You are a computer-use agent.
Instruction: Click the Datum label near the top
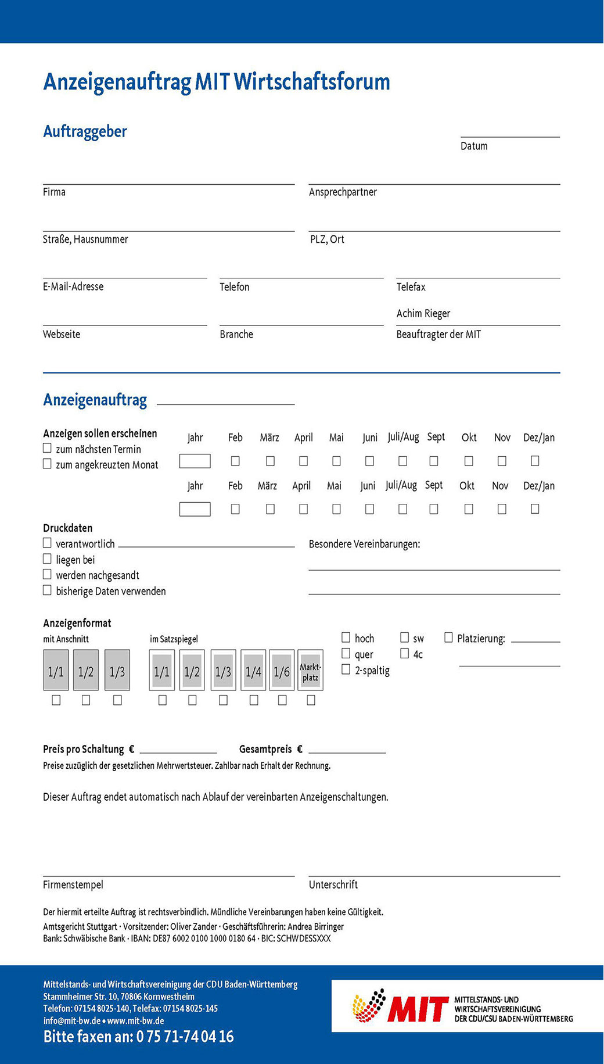point(474,146)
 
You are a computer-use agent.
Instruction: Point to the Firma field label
point(54,192)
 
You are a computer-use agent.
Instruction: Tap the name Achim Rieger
point(423,314)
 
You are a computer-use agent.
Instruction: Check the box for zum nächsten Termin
point(47,448)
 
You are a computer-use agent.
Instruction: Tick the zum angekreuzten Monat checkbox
point(47,464)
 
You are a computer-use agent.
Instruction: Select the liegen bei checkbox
point(47,558)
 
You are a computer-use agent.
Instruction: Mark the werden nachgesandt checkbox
point(47,574)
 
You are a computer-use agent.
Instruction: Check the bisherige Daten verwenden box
point(47,590)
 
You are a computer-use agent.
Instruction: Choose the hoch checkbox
point(346,637)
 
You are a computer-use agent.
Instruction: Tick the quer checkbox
point(346,653)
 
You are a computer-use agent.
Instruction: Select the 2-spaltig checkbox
point(346,669)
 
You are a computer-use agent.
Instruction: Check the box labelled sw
point(404,637)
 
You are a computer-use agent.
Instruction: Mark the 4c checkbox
point(404,653)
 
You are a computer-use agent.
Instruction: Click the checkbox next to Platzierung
point(448,637)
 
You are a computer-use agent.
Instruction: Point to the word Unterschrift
point(333,885)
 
